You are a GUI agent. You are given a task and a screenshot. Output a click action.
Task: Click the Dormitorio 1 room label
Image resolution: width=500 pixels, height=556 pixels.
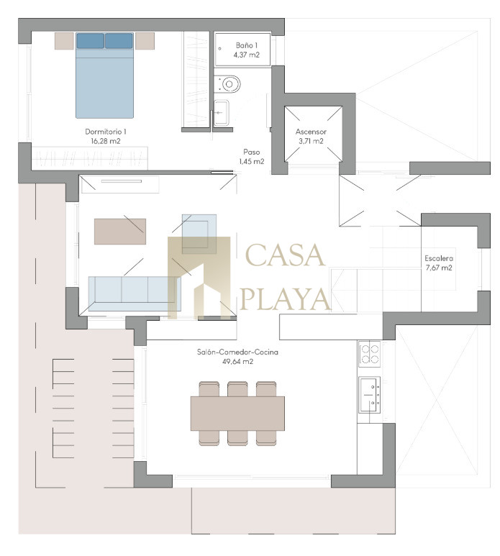point(105,132)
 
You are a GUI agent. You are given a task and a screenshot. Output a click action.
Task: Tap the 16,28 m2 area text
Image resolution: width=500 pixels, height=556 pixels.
point(106,141)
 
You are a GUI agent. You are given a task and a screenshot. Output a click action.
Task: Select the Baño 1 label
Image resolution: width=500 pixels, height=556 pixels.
point(247,45)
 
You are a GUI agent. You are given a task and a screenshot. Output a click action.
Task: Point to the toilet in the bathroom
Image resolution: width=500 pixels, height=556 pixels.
point(227,84)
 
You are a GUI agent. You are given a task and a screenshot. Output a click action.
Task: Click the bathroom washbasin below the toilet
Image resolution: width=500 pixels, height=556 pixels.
point(222,113)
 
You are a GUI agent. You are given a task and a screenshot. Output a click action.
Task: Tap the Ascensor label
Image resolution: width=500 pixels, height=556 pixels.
point(311,132)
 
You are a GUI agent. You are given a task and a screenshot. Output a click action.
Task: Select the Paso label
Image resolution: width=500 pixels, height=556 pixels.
point(251,152)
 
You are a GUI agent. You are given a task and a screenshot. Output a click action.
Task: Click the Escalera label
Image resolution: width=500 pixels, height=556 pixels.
point(439,258)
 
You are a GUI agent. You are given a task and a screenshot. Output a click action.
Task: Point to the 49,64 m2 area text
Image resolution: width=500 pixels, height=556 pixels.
point(237,362)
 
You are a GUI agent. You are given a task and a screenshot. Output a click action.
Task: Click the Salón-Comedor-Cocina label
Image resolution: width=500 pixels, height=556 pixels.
point(237,352)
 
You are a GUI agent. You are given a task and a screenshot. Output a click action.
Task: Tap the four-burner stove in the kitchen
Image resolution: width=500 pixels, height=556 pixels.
point(369,354)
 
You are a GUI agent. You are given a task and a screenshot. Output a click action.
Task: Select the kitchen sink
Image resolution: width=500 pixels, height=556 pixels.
point(370,395)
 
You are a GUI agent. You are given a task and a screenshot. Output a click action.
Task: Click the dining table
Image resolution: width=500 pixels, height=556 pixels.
point(237,414)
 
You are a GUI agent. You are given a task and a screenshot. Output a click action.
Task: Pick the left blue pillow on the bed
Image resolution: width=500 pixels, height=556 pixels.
point(91,41)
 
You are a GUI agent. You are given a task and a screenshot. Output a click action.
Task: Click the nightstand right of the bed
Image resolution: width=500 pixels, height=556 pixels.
point(145,41)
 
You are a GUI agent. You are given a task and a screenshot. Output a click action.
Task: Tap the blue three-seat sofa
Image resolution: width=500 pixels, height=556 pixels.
point(135,294)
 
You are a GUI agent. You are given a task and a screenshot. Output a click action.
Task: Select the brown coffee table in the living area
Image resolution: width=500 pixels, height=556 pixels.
point(120,232)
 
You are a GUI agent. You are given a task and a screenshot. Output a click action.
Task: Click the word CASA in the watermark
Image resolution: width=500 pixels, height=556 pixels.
point(285,255)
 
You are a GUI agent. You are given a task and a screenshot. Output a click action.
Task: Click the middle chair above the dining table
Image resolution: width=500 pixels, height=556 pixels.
point(237,389)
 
